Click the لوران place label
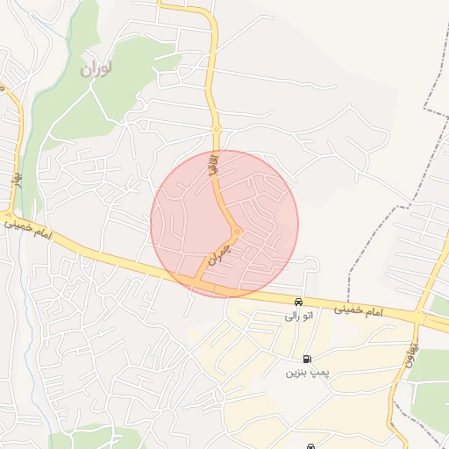pos(97,68)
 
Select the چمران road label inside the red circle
pos(219,255)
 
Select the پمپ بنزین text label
pos(305,373)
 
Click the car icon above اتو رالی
pos(300,303)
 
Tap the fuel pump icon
pos(306,359)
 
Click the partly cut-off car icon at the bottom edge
pos(310,445)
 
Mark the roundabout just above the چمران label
pos(237,232)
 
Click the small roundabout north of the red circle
pos(216,130)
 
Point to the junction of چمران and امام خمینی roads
pos(196,282)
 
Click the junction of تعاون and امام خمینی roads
pos(417,317)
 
